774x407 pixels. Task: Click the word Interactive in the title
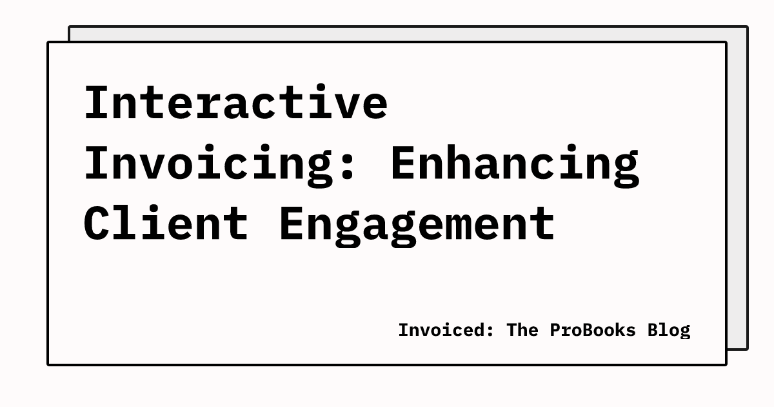coord(236,103)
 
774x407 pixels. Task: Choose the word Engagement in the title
coord(417,222)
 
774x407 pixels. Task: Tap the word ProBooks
coord(593,330)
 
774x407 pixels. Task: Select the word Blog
coord(669,330)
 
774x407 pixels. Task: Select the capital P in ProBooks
coord(555,330)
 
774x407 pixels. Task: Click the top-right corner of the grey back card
coord(747,27)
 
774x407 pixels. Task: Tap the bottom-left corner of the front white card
coord(49,364)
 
